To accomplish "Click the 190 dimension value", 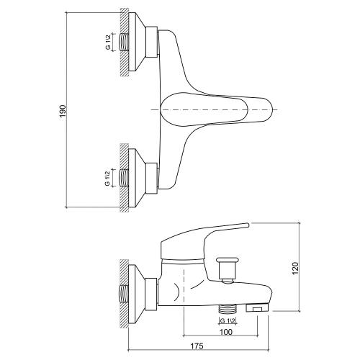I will [63, 110].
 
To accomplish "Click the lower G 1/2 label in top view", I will [107, 177].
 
